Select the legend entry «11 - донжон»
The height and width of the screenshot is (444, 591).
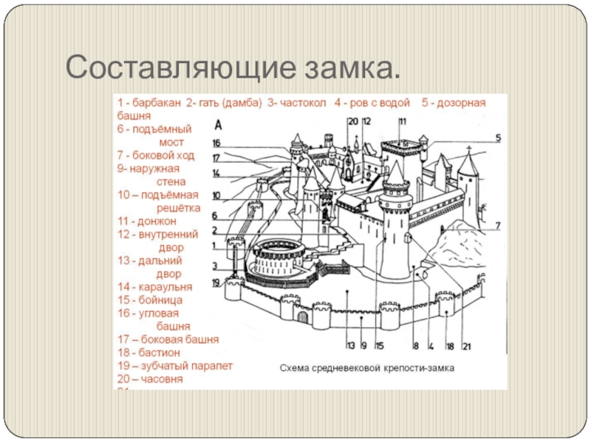[x=147, y=221]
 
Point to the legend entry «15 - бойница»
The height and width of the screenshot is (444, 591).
[x=150, y=300]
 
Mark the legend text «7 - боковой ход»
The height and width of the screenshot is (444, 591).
[x=155, y=155]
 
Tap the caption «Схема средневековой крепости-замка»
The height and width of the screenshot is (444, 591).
[x=366, y=366]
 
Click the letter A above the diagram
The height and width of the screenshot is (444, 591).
[x=218, y=125]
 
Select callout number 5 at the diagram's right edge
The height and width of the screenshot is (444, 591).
[x=498, y=138]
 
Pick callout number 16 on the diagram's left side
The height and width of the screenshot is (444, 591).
[x=216, y=144]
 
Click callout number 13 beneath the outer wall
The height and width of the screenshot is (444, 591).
[x=350, y=345]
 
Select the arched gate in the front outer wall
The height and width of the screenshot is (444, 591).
[x=302, y=317]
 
